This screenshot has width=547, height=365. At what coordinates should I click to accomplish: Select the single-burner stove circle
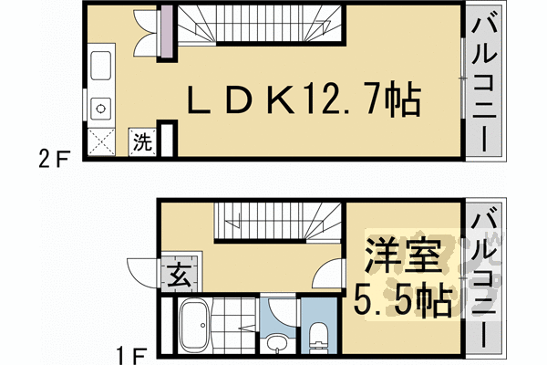coord(99,106)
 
